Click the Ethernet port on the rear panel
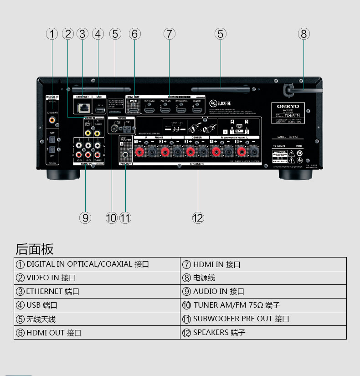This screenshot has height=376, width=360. [83, 108]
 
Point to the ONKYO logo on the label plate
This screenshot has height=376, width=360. [288, 106]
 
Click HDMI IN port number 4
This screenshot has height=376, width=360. [197, 110]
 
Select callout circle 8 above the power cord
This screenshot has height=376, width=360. [304, 34]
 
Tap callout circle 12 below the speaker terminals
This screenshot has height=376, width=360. [198, 218]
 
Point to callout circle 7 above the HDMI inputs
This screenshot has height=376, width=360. [169, 34]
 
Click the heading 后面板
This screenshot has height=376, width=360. [35, 249]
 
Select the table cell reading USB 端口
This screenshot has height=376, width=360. [97, 305]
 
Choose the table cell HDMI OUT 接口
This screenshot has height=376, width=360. [97, 333]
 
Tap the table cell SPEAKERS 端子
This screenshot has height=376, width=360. [263, 333]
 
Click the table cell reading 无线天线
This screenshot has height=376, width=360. [97, 319]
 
